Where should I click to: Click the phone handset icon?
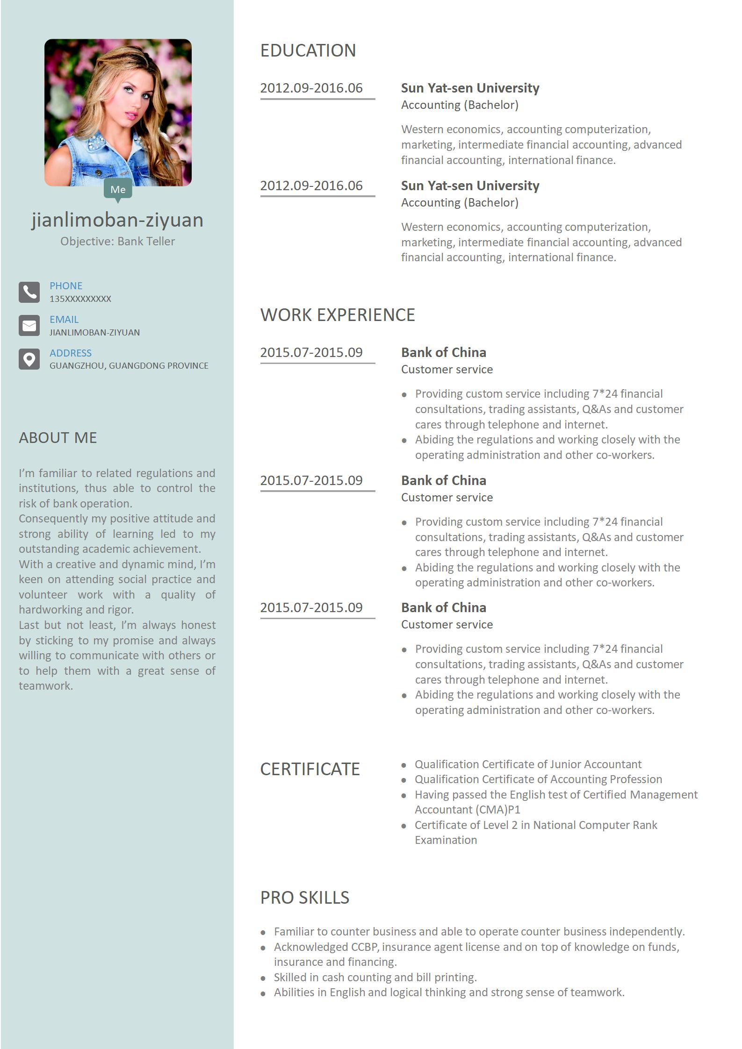pos(29,292)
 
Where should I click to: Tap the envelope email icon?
pos(29,326)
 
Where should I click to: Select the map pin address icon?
pos(29,359)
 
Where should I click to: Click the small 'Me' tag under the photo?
pos(118,189)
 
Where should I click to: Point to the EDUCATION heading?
pos(308,50)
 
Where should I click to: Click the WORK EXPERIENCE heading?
pos(337,315)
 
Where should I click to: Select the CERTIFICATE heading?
pos(310,769)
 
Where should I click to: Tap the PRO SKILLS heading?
pos(304,897)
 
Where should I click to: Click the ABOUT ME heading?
pos(58,437)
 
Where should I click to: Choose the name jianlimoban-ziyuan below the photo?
pos(117,220)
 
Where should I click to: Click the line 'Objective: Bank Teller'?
pos(117,241)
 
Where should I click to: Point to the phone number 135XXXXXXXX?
pos(80,299)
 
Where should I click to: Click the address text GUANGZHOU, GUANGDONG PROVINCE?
pos(129,366)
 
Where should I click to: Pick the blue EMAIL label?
pos(64,319)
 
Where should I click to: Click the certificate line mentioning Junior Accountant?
pos(528,764)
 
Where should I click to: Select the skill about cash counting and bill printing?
pos(375,977)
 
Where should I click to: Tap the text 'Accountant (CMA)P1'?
pos(467,809)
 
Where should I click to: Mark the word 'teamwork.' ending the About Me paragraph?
pos(46,685)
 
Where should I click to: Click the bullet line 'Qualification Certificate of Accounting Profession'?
pos(538,779)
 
